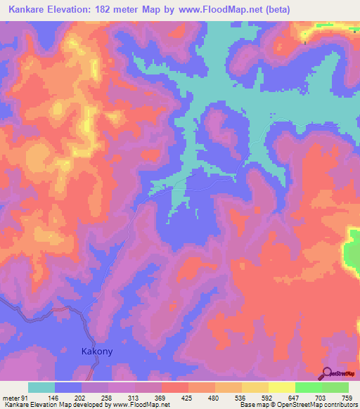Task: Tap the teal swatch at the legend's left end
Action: tap(41, 388)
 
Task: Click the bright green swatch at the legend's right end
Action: tap(335, 388)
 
